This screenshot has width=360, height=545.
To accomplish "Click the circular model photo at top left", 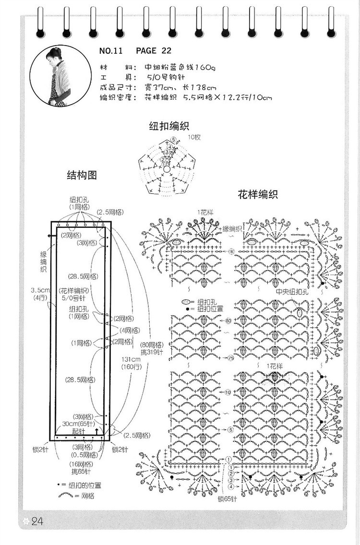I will pyautogui.click(x=60, y=76).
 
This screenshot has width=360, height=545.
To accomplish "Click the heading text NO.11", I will pyautogui.click(x=111, y=51).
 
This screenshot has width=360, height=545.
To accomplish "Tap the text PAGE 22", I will pyautogui.click(x=154, y=51).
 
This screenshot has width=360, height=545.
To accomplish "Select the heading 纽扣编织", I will pyautogui.click(x=168, y=126).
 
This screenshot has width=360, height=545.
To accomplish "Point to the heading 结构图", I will pyautogui.click(x=82, y=176).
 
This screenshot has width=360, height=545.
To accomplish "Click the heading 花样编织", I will pyautogui.click(x=258, y=195).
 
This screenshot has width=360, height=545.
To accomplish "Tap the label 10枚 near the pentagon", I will pyautogui.click(x=194, y=137).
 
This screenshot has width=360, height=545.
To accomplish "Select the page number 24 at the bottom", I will pyautogui.click(x=37, y=521).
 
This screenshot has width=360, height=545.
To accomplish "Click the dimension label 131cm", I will pyautogui.click(x=128, y=359).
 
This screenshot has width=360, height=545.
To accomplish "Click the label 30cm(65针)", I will pyautogui.click(x=79, y=424).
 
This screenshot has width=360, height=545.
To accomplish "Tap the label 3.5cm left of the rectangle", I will pyautogui.click(x=38, y=290).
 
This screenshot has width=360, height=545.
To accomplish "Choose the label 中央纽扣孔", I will pyautogui.click(x=292, y=292).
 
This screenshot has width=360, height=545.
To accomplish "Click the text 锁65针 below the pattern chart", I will pyautogui.click(x=227, y=499).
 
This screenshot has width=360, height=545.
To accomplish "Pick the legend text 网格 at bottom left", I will pyautogui.click(x=88, y=496).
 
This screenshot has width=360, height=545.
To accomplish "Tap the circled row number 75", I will pyautogui.click(x=230, y=358).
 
